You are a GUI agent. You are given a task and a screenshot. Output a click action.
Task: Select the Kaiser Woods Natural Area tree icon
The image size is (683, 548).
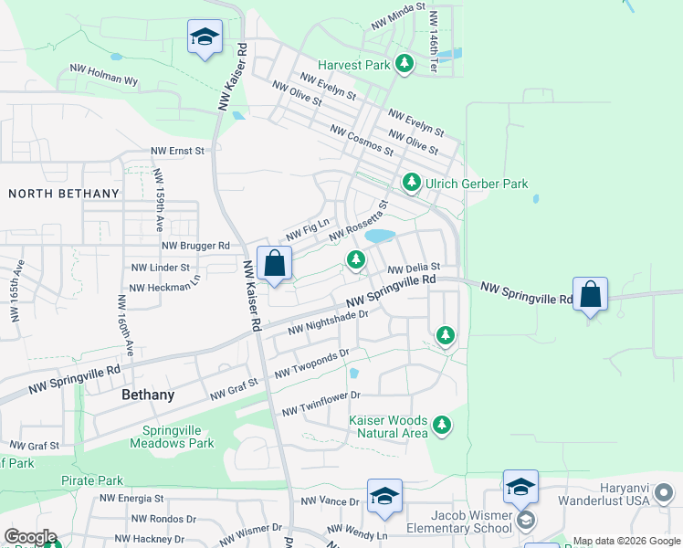pos(442,425)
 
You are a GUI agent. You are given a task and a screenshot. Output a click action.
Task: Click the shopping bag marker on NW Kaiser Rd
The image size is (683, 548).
pos(274,265)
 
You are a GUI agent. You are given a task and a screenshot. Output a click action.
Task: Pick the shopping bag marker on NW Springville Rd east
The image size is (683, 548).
pos(591,295)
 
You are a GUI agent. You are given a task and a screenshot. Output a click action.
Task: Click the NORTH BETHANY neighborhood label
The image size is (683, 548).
pos(64,194)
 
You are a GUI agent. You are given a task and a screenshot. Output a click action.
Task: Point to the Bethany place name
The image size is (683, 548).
pos(148,395)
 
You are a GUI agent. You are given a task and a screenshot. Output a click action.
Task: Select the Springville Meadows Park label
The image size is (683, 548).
pos(178,437)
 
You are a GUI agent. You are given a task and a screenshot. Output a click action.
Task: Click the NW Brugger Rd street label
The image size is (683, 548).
pos(195,246)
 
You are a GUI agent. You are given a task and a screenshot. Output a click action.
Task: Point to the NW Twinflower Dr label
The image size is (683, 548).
pos(321,404)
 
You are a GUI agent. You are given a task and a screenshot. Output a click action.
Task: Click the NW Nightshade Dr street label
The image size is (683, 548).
pos(327,321)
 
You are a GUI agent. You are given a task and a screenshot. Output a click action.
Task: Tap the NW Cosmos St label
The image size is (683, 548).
pos(362,142)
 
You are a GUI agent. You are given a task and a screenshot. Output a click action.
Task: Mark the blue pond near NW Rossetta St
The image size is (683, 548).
pos(380,236)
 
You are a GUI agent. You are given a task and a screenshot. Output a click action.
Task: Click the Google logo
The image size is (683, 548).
pos(30,537)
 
